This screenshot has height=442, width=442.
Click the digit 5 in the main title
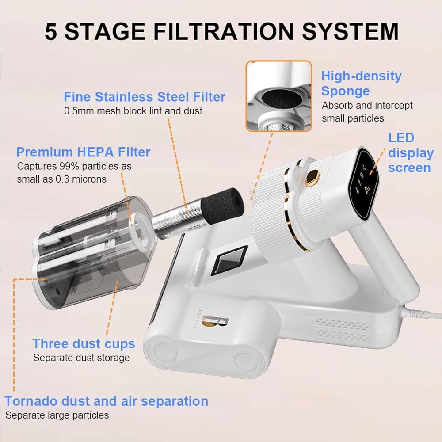51,31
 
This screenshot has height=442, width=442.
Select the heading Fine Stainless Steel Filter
145,97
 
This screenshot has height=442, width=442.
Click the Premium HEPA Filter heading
83,152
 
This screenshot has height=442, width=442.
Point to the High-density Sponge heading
362,84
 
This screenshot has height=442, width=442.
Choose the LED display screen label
411,152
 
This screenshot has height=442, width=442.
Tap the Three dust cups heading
84,343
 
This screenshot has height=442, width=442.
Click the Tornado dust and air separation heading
106,401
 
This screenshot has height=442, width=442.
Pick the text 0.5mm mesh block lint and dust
133,111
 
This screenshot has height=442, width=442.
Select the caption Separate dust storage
81,358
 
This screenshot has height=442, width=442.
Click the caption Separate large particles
57,415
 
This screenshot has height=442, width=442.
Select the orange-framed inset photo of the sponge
279,96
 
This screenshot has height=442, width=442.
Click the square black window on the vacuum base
229,260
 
